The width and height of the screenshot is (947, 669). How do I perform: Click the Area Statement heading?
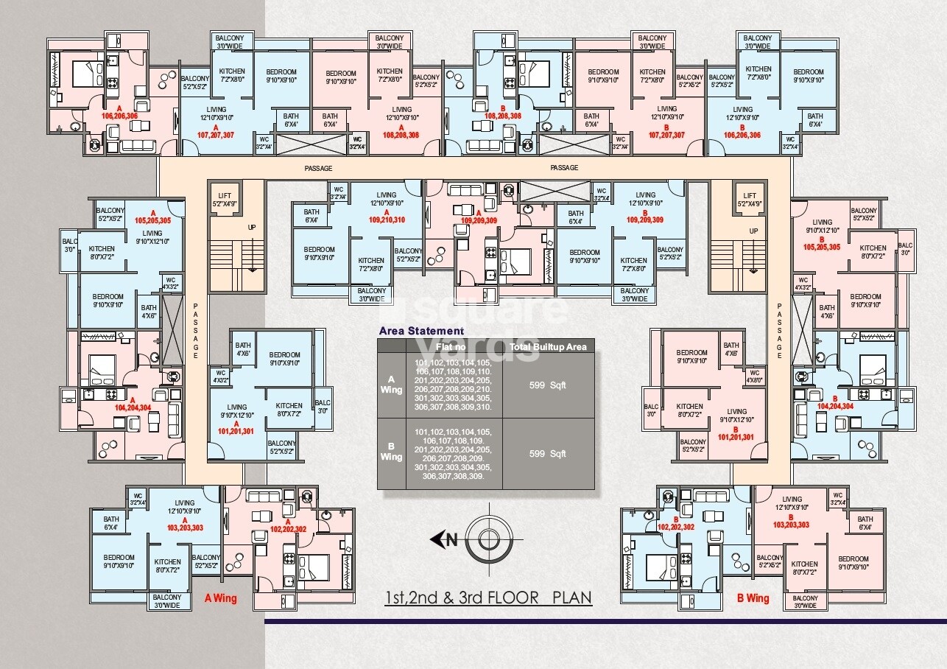click(x=420, y=331)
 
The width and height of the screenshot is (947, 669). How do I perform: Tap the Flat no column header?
click(x=454, y=346)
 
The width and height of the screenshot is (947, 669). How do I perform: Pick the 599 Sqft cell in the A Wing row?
click(x=548, y=385)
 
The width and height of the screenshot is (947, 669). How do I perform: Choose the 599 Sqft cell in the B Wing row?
click(x=548, y=453)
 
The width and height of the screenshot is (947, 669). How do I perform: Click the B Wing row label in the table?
click(x=391, y=452)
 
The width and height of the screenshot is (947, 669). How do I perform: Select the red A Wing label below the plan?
click(x=220, y=598)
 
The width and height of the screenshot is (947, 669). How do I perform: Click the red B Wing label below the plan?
click(x=753, y=598)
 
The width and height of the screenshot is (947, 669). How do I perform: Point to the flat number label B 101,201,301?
click(x=736, y=433)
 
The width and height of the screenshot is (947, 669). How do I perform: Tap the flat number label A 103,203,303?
click(x=185, y=524)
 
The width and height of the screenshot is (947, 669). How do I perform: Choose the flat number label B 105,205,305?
click(x=822, y=244)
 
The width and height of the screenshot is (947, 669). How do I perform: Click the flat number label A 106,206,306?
click(x=119, y=113)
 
